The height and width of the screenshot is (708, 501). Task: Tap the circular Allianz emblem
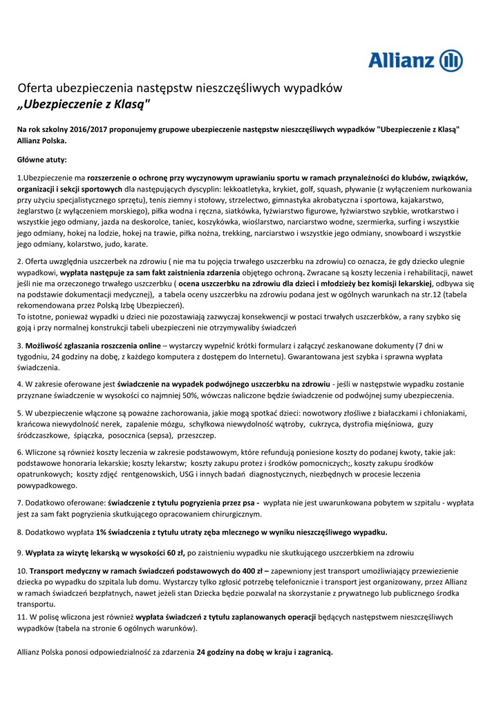click(451, 60)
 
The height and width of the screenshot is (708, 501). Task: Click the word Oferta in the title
click(35, 88)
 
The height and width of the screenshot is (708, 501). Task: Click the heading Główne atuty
click(41, 160)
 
